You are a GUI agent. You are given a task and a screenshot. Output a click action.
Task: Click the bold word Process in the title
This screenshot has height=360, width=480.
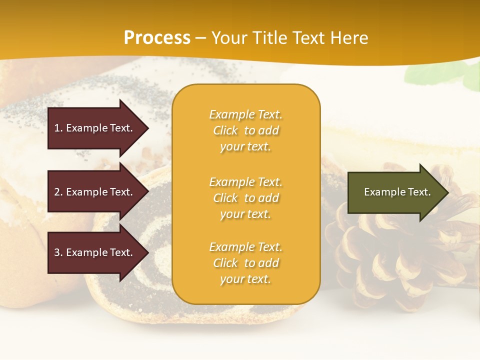click(x=157, y=38)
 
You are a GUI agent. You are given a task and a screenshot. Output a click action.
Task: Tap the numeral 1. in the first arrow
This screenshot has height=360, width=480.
click(x=58, y=128)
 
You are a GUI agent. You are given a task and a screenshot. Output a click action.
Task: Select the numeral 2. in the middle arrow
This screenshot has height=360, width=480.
click(x=58, y=192)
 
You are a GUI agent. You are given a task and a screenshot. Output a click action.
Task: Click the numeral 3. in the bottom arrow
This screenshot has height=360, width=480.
click(x=58, y=252)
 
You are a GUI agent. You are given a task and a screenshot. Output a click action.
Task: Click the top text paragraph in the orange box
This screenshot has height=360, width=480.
click(x=245, y=130)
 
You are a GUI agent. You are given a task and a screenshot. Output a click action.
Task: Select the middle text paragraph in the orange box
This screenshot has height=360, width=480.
click(x=245, y=198)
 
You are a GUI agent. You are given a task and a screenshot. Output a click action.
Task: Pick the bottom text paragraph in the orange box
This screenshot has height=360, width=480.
click(x=245, y=263)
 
